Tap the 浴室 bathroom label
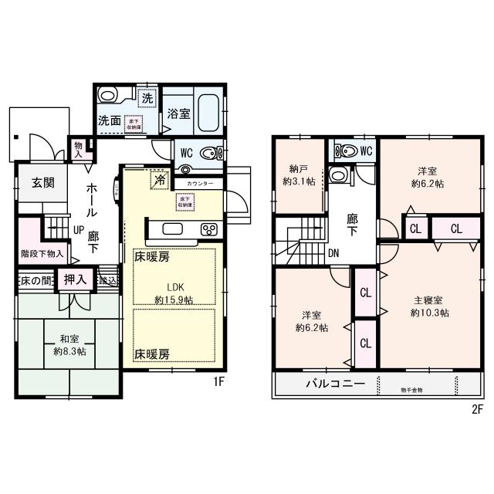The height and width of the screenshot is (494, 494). coord(179,113)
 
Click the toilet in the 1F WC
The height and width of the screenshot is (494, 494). coord(209,152)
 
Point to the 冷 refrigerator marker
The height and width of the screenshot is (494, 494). coord(159,179)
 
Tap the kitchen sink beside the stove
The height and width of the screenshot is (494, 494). coord(171,228)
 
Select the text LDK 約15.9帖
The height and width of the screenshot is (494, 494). coord(174,293)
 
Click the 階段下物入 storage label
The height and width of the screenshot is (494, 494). coord(40,252)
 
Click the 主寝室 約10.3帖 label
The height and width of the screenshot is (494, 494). coord(428,306)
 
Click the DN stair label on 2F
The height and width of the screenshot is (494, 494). coord(334,252)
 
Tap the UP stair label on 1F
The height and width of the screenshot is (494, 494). coord(79,230)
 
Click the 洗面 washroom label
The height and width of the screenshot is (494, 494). coord(109,120)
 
